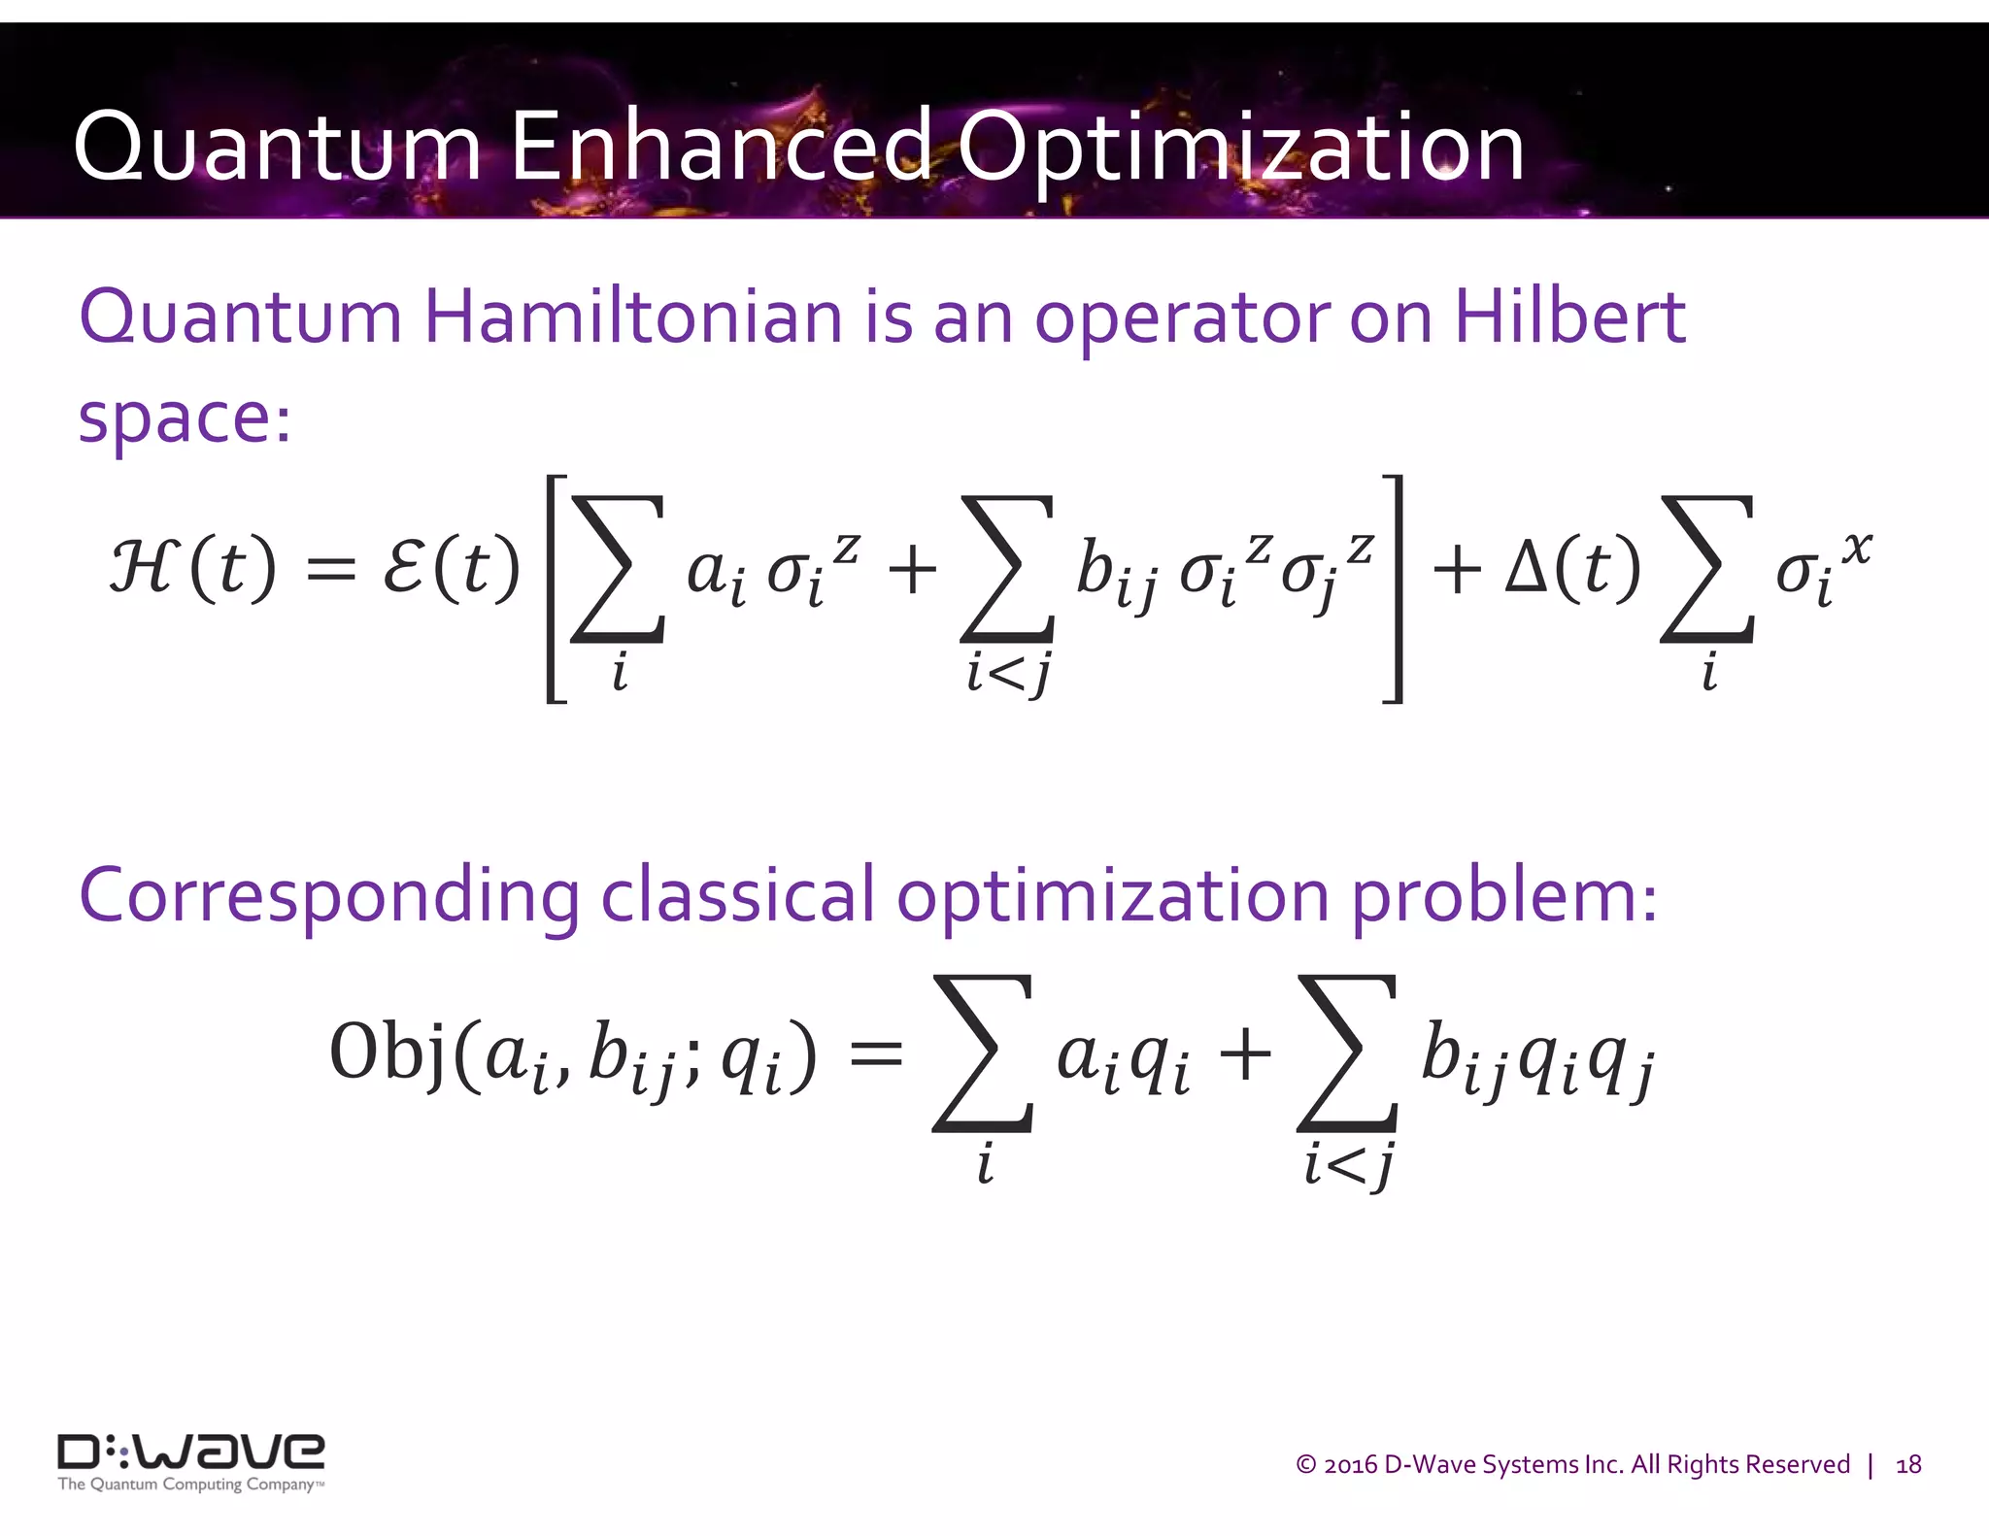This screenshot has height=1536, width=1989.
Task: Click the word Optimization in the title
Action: click(x=1240, y=148)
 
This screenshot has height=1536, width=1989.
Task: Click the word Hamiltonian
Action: click(x=633, y=317)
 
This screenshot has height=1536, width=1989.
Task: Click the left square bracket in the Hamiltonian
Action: click(x=556, y=588)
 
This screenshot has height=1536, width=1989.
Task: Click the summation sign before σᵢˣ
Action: click(x=1707, y=571)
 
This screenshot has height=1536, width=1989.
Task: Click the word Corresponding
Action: click(x=328, y=896)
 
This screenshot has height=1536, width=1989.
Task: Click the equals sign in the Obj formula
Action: click(x=876, y=1054)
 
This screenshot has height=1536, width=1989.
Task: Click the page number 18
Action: click(x=1908, y=1465)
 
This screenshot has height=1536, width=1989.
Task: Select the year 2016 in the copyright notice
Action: click(x=1350, y=1465)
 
